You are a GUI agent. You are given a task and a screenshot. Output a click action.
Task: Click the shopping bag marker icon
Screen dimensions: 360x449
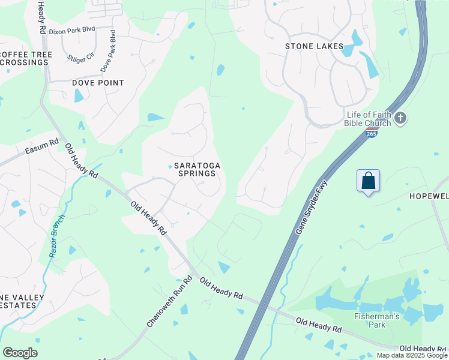tap(368, 181)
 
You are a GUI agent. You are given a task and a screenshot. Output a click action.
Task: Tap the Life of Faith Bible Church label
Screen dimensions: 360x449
tap(368, 119)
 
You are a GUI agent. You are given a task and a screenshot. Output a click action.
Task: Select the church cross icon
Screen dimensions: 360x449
tap(401, 119)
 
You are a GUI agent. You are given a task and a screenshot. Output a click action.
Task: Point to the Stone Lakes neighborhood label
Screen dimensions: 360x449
tap(314, 46)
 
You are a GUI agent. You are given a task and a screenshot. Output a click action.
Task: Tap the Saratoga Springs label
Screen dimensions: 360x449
tap(194, 169)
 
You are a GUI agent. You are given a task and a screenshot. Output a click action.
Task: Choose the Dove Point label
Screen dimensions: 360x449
tap(98, 83)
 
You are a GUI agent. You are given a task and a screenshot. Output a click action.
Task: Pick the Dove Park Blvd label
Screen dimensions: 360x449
tap(108, 52)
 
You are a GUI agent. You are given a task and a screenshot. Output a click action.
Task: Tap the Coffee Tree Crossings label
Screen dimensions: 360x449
tap(26, 59)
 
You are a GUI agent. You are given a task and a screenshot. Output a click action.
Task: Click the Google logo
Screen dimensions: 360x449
tap(20, 353)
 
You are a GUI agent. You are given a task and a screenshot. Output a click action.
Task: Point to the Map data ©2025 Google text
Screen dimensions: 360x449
tap(411, 355)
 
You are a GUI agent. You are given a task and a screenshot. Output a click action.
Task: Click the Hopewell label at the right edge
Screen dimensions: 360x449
tap(429, 196)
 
